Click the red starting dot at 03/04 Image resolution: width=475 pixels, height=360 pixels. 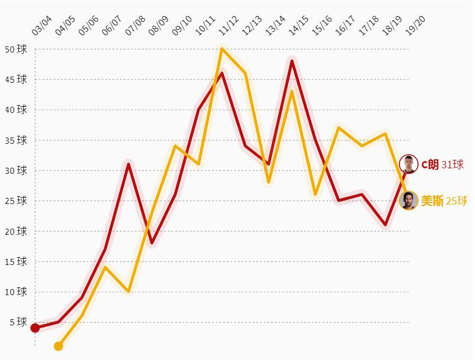[35, 328]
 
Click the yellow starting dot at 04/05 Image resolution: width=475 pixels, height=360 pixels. [59, 346]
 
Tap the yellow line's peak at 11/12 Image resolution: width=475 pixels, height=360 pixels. [222, 49]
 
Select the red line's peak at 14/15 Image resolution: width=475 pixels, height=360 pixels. [292, 61]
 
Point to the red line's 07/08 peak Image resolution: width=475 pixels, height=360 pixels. [129, 164]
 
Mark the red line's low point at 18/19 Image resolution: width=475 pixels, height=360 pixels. [386, 225]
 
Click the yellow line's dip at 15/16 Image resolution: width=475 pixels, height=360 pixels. [315, 194]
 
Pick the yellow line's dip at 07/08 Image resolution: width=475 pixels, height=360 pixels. [129, 291]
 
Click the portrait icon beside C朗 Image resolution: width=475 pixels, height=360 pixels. [408, 164]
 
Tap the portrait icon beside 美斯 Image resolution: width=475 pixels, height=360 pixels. [408, 200]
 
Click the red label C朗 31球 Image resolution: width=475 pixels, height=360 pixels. [443, 164]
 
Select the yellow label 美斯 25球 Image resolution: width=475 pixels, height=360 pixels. [444, 201]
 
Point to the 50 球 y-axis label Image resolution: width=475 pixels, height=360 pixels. [16, 49]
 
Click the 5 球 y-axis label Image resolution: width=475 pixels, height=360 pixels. [18, 322]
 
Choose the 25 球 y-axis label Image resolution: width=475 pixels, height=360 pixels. [16, 201]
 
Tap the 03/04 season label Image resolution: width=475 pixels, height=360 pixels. [42, 26]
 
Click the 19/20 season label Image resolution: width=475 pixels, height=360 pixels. [416, 26]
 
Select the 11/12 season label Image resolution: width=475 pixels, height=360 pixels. [229, 26]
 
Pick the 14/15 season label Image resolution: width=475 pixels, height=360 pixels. [299, 26]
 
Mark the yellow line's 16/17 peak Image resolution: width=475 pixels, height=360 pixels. [339, 127]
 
